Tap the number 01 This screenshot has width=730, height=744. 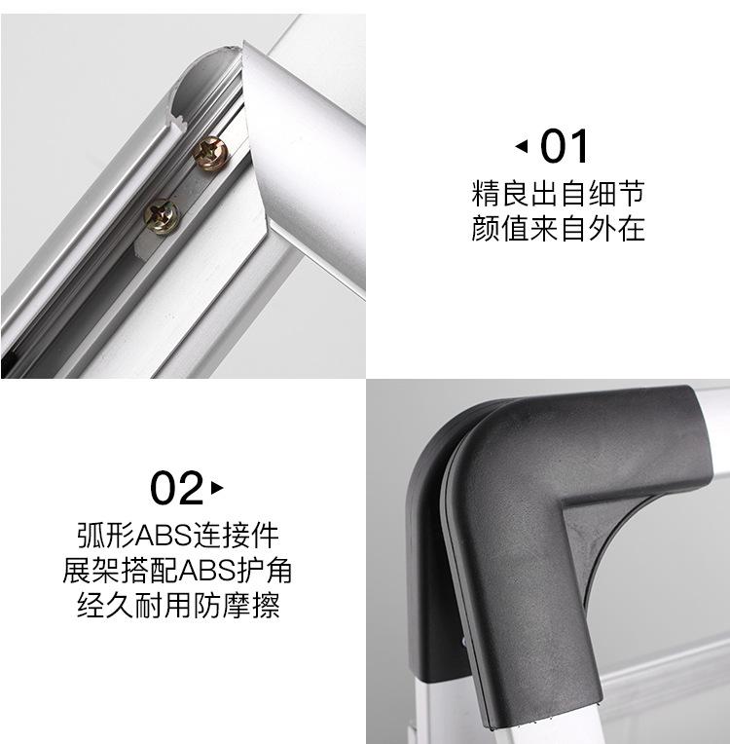pos(566,146)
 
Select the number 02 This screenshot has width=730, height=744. pos(176,487)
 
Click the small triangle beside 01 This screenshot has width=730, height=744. pos(522,147)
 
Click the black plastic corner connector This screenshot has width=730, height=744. pos(545,506)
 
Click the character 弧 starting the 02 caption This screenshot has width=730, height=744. pos(91,535)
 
